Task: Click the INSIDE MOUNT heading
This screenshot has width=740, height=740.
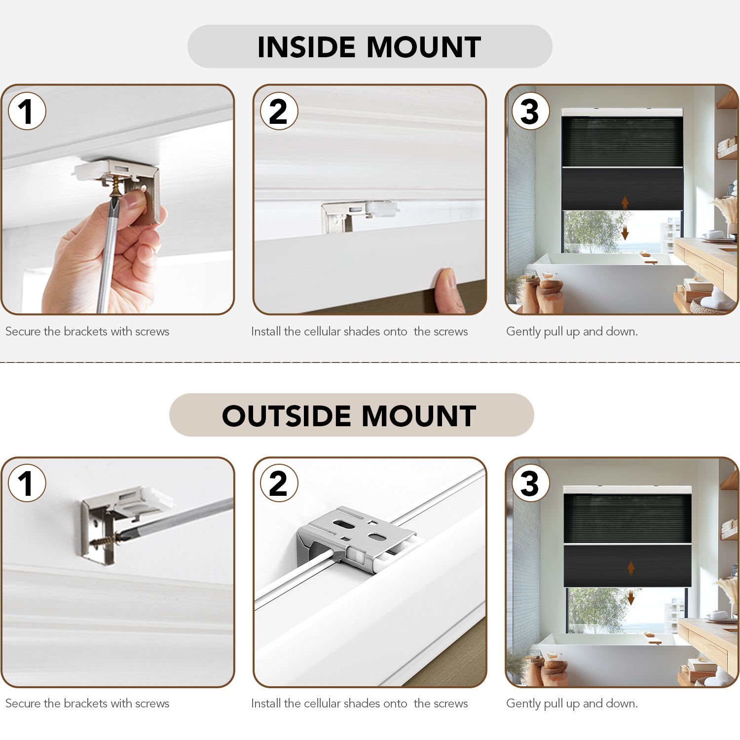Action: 369,47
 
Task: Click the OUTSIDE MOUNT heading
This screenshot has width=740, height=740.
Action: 349,415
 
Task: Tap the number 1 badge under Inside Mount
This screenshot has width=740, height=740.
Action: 27,111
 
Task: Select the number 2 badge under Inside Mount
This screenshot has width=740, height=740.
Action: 279,111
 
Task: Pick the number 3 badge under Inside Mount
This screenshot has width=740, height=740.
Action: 531,111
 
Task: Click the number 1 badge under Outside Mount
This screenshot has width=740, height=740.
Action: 27,483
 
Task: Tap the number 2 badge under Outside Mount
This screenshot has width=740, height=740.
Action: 279,483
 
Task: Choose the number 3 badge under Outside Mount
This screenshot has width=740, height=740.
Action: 531,483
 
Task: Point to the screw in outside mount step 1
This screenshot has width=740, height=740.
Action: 105,541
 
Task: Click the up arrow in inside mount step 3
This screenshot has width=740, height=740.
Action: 625,203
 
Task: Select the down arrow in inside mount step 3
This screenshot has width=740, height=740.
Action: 625,232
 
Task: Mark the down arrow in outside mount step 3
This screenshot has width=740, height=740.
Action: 631,597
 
